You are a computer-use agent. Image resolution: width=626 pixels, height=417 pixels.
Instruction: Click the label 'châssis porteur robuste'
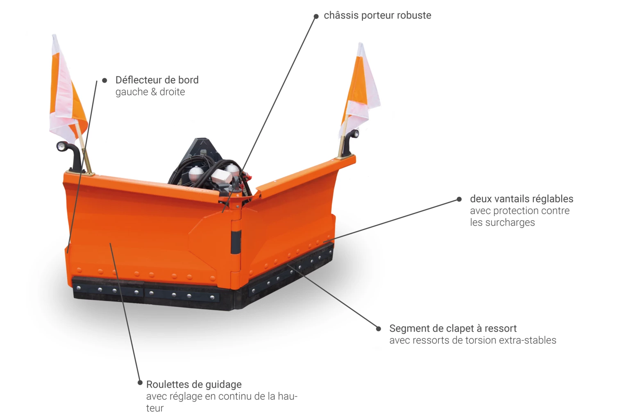point(377,16)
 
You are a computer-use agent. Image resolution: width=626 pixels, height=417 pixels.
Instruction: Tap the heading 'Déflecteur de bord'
point(157,80)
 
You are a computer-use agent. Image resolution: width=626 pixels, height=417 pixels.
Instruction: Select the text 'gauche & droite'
point(150,92)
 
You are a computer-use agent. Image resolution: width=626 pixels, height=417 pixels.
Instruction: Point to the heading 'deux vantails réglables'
point(522,199)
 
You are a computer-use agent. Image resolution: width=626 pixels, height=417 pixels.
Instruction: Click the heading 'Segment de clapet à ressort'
point(453,328)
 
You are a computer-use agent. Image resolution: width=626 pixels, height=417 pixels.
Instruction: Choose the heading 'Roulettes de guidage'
point(194,384)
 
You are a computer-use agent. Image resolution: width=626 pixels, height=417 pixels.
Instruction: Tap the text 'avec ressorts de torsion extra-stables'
point(473,340)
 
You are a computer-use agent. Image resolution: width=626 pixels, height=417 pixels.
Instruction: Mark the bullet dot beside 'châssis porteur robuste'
point(316,16)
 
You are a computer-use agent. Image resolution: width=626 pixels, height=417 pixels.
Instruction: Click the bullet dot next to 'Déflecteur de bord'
point(104,81)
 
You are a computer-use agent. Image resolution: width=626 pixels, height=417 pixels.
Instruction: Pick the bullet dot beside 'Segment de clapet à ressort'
point(379,329)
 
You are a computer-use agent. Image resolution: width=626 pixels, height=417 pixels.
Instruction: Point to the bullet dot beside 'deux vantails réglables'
point(459,199)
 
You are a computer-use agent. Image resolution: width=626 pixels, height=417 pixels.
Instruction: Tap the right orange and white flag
point(361,89)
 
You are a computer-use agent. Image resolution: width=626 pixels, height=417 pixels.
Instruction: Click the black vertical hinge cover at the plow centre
point(236,242)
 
